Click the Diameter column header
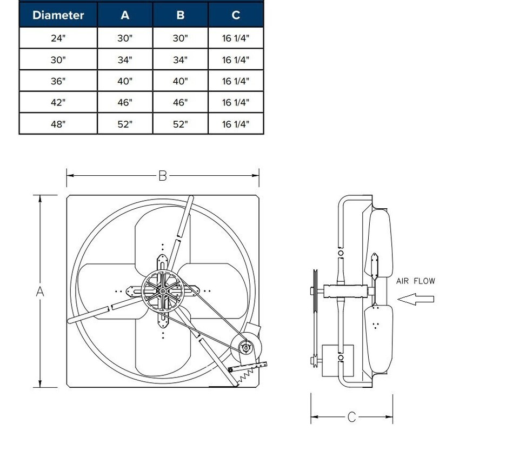coord(58,15)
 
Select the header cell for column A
coord(125,15)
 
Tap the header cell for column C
coord(236,15)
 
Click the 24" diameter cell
coord(58,38)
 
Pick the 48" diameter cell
coord(58,124)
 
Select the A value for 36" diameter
coord(125,81)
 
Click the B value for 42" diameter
coord(181,102)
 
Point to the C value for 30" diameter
coord(236,60)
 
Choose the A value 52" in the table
coord(125,124)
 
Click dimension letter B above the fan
coord(163,176)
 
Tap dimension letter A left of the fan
coord(40,292)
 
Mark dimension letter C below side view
coord(352,417)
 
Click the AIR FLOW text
coord(415,281)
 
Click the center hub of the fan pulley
coord(163,292)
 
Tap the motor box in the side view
coord(331,360)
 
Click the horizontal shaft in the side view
coord(346,291)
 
